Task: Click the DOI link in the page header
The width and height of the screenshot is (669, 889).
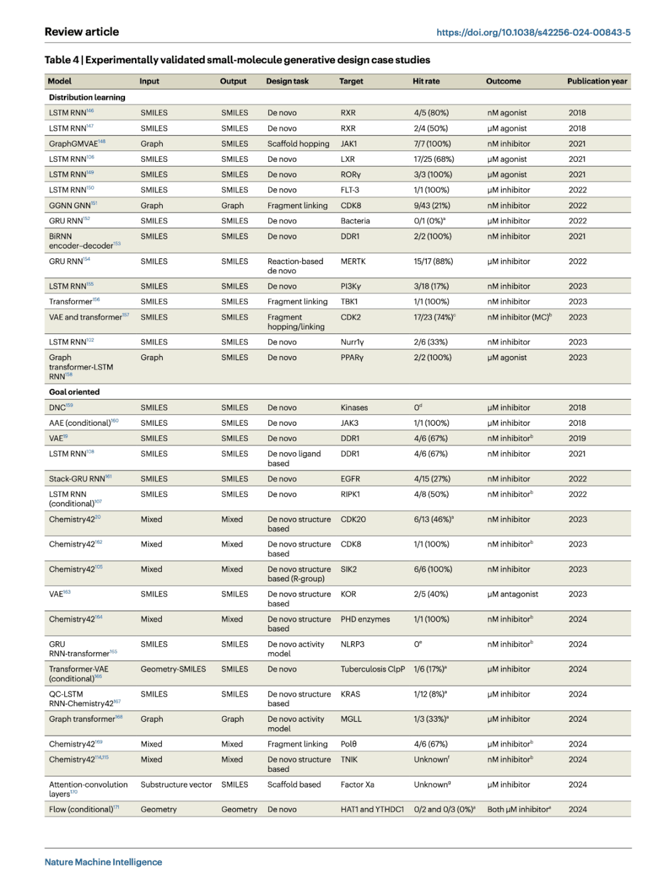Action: [x=533, y=32]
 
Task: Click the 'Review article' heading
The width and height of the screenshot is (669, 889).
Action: [x=82, y=32]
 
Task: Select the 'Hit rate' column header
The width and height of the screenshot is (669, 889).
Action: [x=426, y=81]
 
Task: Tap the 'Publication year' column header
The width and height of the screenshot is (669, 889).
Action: [x=597, y=81]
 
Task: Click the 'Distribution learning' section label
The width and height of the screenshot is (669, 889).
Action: [x=87, y=97]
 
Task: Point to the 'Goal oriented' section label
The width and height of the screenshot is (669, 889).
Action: [x=74, y=392]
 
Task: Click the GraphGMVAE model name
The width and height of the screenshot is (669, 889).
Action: [x=74, y=144]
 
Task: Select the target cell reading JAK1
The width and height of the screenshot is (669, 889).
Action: [x=349, y=144]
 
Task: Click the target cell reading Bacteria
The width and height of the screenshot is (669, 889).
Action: [x=355, y=221]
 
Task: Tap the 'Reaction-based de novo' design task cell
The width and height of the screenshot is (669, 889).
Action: [x=295, y=266]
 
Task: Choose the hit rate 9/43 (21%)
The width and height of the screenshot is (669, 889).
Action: [x=432, y=206]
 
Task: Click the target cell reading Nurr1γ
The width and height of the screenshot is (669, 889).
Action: [x=352, y=342]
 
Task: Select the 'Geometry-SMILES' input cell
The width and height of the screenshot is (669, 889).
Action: [x=173, y=669]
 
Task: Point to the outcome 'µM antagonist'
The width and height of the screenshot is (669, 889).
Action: [x=512, y=594]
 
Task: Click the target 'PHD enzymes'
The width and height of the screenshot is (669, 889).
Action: [x=365, y=619]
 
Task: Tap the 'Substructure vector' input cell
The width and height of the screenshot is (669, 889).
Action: [x=176, y=784]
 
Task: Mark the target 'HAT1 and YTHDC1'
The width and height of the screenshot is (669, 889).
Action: [x=372, y=809]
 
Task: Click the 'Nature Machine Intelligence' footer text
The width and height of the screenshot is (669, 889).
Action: [x=103, y=862]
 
